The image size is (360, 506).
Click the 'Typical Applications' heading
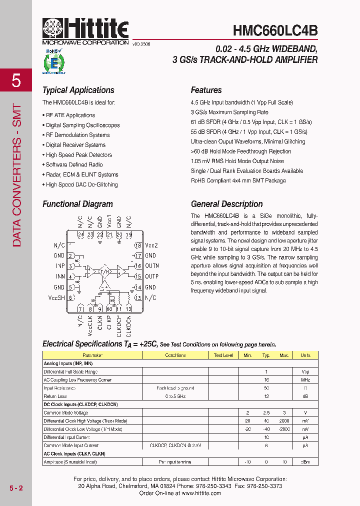(x=78, y=90)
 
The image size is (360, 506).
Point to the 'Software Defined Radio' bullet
(x=74, y=164)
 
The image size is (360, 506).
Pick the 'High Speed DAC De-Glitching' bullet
(x=81, y=184)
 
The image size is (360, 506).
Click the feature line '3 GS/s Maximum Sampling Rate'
(x=229, y=112)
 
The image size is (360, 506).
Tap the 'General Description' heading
(x=226, y=204)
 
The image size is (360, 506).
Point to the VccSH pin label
(x=56, y=297)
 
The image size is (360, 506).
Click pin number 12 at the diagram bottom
(x=128, y=308)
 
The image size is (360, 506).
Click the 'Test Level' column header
(x=223, y=355)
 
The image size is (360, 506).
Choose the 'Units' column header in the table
(x=305, y=355)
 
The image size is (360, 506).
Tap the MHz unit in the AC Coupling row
(x=305, y=380)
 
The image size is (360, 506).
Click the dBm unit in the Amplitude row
(x=305, y=461)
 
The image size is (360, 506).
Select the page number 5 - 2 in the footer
(x=16, y=487)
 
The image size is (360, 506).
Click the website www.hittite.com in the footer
(x=201, y=493)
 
